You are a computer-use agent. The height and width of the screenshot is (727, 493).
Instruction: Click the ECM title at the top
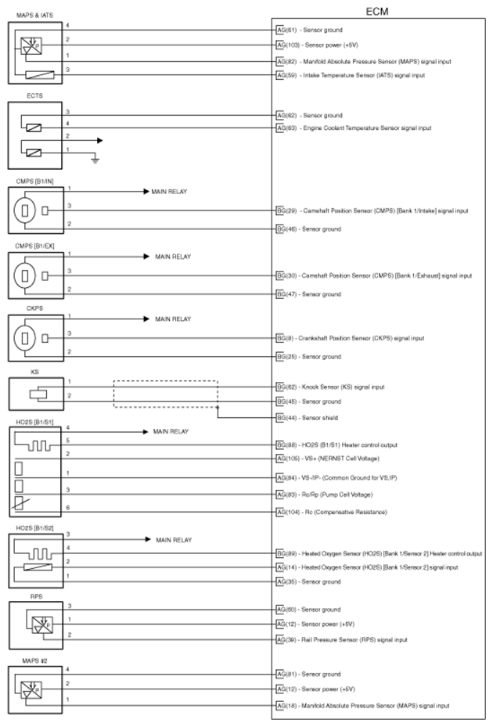click(379, 11)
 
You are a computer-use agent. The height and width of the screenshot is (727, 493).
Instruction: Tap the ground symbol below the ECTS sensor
click(95, 160)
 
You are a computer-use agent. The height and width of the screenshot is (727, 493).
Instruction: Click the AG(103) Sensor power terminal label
click(317, 45)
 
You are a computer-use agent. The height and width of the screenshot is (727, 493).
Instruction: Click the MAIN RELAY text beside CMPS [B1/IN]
click(169, 191)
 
